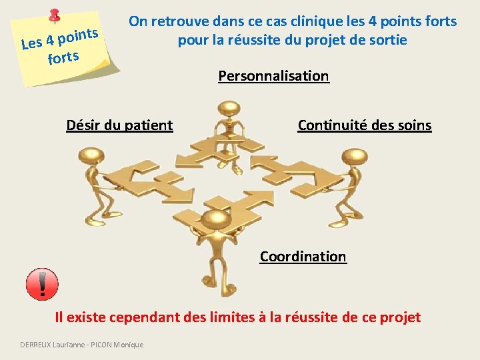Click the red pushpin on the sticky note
pos(55,16)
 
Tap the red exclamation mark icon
pos(42,285)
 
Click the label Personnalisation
pos(273,76)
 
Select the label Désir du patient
pos(119,125)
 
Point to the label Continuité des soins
pos(364,125)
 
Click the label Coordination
pos(303,257)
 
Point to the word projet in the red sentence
pos(399,317)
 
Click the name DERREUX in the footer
pos(39,344)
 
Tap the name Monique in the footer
pos(128,344)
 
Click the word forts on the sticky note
pos(63,58)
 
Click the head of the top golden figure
pos(229,108)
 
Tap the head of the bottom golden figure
pos(215,219)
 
